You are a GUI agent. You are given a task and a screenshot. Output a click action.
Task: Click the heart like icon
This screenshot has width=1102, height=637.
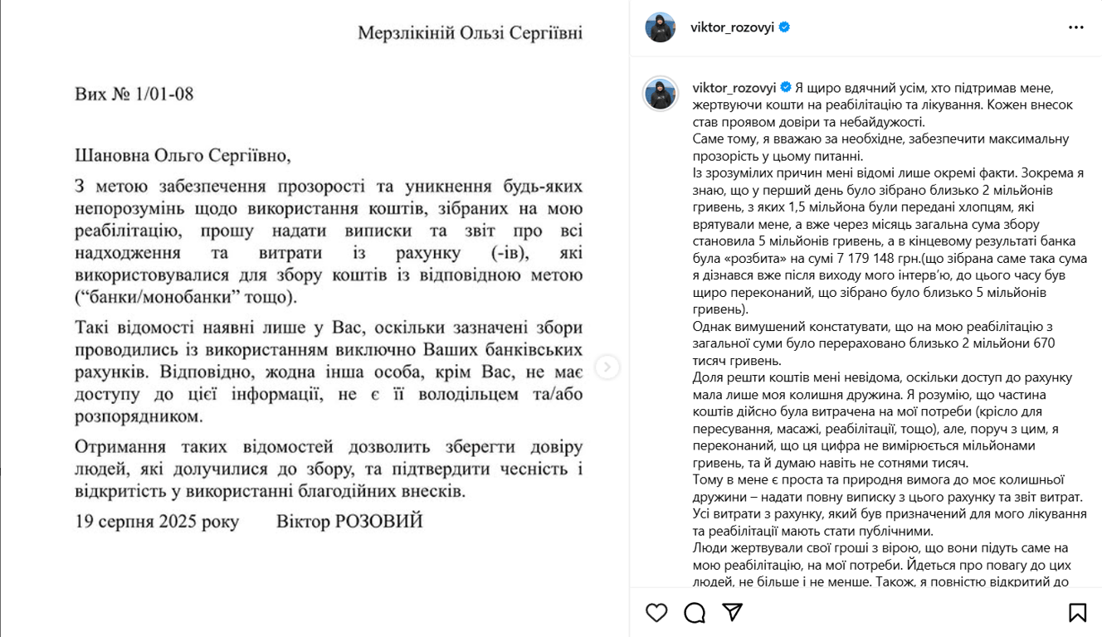pyautogui.click(x=656, y=613)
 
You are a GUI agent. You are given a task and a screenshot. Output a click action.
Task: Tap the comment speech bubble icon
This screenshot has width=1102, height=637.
pyautogui.click(x=695, y=613)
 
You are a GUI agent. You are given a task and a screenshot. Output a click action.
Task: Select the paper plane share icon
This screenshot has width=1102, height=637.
pyautogui.click(x=732, y=612)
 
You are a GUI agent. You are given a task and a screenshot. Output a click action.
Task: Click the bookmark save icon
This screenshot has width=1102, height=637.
pyautogui.click(x=1077, y=613)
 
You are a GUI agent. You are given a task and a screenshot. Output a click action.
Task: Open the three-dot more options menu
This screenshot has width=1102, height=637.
pyautogui.click(x=1076, y=27)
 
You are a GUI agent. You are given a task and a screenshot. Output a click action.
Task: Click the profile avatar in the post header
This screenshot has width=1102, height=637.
pyautogui.click(x=661, y=27)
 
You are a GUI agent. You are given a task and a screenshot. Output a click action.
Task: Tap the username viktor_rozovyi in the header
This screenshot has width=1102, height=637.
pyautogui.click(x=732, y=27)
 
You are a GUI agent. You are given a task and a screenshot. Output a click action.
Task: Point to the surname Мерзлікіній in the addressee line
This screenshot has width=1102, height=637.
pyautogui.click(x=405, y=33)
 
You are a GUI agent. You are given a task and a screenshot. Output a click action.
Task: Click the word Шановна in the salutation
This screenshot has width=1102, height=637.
pyautogui.click(x=112, y=155)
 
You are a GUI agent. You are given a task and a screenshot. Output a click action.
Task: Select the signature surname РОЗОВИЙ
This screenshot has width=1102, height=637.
pyautogui.click(x=383, y=522)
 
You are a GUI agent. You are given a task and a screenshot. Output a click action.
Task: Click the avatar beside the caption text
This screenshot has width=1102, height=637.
pyautogui.click(x=661, y=94)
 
